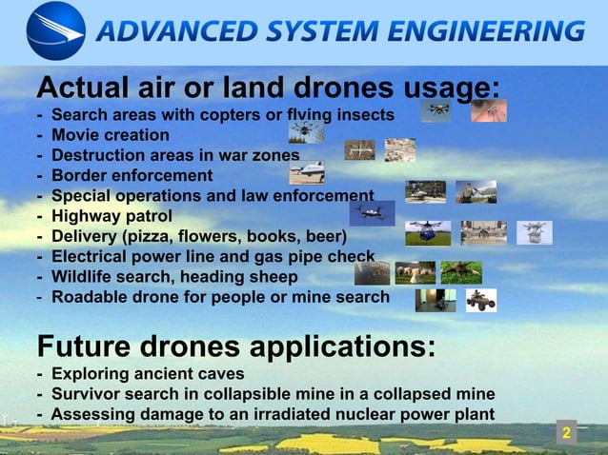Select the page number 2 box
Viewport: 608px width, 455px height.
pos(566,434)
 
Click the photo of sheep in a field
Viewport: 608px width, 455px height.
pos(414,273)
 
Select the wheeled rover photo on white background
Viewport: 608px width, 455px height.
pos(480,301)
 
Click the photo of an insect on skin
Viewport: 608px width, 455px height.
pos(489,111)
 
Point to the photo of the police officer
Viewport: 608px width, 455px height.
pos(476,192)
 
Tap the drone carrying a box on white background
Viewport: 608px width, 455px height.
pos(535,231)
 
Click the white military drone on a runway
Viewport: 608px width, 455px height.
pos(307,172)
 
